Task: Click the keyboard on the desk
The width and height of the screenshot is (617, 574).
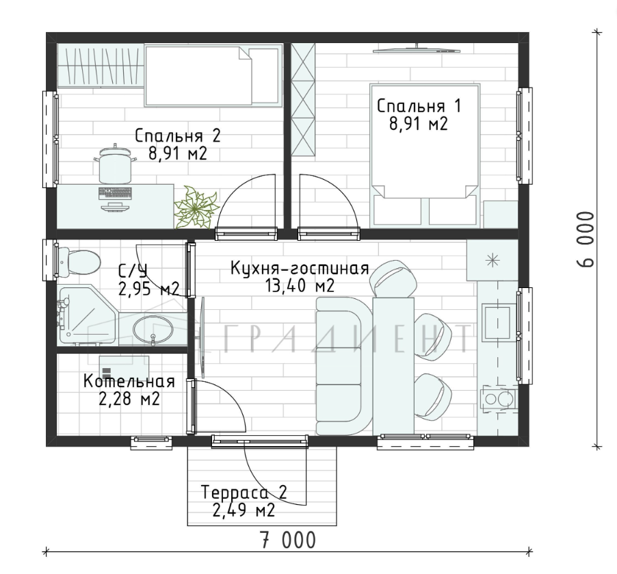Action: (115, 192)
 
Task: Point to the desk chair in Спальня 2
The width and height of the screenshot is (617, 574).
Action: (115, 164)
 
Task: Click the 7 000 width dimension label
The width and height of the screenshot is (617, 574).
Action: (288, 540)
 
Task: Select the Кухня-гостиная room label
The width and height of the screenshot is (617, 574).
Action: (300, 268)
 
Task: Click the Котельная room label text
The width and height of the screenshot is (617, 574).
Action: (129, 382)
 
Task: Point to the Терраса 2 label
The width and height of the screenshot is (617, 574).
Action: (244, 493)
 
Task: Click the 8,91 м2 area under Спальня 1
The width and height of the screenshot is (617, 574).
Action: (419, 124)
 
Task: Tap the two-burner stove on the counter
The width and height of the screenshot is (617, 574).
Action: (497, 399)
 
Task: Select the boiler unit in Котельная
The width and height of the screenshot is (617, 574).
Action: (124, 367)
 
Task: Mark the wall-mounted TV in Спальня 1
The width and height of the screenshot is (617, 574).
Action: (417, 49)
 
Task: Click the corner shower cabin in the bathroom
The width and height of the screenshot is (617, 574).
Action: (88, 315)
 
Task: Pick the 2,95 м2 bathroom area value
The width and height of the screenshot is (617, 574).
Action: (148, 289)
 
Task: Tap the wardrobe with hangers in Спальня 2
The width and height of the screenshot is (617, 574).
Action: (101, 65)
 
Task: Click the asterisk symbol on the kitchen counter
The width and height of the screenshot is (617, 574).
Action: (493, 261)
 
